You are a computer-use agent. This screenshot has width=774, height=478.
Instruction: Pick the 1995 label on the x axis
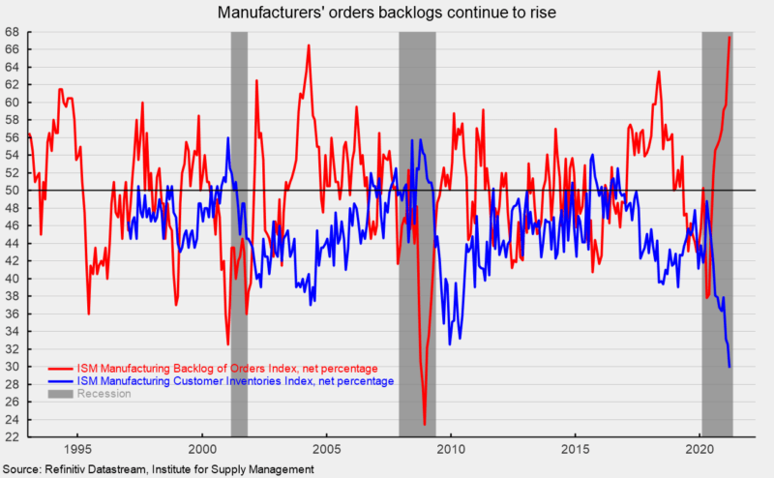point(77,450)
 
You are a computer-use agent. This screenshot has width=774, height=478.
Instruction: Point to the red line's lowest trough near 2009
point(425,424)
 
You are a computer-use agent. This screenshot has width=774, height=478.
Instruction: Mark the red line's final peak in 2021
point(729,37)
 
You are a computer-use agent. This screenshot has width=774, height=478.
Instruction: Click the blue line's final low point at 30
point(729,366)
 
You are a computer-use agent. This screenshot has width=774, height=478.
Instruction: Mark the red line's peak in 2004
point(309,45)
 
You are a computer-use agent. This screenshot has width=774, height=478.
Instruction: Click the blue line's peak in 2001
point(227,137)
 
